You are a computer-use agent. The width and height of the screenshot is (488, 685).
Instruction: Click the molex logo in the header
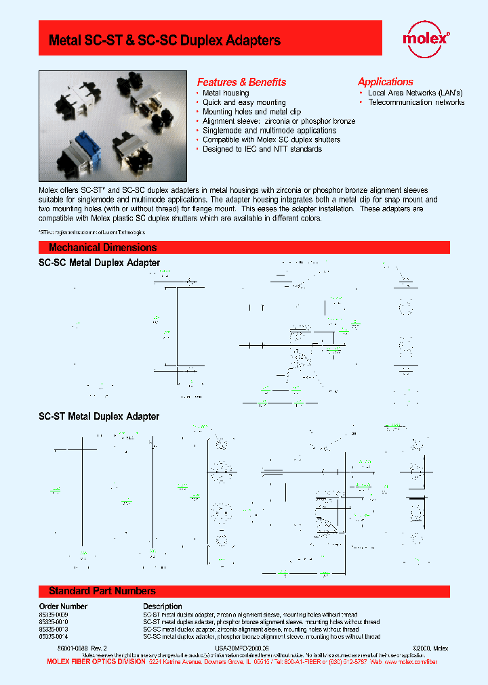(426, 38)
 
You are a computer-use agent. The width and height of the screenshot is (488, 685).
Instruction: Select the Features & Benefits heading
(241, 82)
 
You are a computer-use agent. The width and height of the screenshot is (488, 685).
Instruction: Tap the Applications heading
(385, 81)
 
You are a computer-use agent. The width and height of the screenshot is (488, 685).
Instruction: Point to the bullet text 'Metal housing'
(226, 93)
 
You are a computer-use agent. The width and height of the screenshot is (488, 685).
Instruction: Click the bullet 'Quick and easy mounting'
(244, 102)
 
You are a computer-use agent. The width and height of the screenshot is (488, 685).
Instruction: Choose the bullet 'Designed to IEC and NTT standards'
(262, 149)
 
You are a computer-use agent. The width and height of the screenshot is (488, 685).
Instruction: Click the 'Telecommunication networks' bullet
(416, 102)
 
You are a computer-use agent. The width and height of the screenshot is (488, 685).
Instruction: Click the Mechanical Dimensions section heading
(102, 248)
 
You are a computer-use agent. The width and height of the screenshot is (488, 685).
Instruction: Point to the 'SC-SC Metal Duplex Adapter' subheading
(99, 263)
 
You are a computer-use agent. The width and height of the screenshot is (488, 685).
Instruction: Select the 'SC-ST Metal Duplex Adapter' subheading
(99, 416)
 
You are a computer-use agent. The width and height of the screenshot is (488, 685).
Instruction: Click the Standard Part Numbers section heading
(102, 591)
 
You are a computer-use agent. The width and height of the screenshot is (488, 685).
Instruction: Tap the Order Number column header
(63, 606)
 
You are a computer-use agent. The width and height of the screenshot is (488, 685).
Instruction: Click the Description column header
(162, 606)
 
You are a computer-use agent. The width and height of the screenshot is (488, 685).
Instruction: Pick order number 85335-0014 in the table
(54, 636)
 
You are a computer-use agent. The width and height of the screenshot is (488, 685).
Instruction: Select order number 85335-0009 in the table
(54, 614)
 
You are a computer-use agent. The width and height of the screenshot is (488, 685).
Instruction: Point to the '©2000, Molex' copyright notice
(430, 648)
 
